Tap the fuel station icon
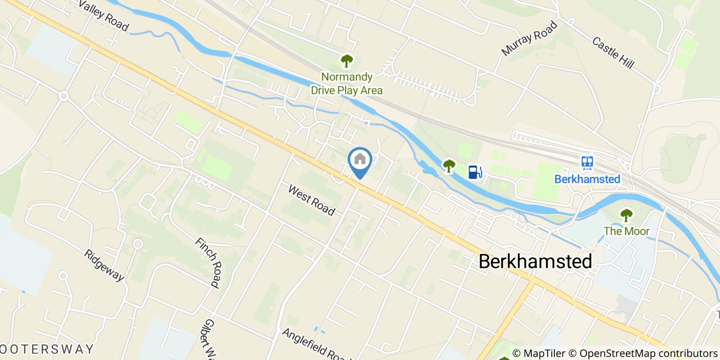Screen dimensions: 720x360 (475, 172)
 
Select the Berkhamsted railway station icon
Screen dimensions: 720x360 (587, 163)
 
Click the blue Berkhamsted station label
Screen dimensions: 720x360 (587, 179)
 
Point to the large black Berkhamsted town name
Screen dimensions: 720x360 (535, 261)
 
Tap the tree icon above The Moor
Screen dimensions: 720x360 (626, 214)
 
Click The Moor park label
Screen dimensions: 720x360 (626, 231)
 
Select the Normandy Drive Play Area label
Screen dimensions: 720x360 (347, 84)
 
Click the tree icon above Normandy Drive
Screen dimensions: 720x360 (347, 61)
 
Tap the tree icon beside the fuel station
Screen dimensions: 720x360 (449, 166)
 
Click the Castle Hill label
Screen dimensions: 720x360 (613, 53)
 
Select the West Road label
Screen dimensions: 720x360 (312, 200)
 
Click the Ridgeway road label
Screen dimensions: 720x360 (105, 265)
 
